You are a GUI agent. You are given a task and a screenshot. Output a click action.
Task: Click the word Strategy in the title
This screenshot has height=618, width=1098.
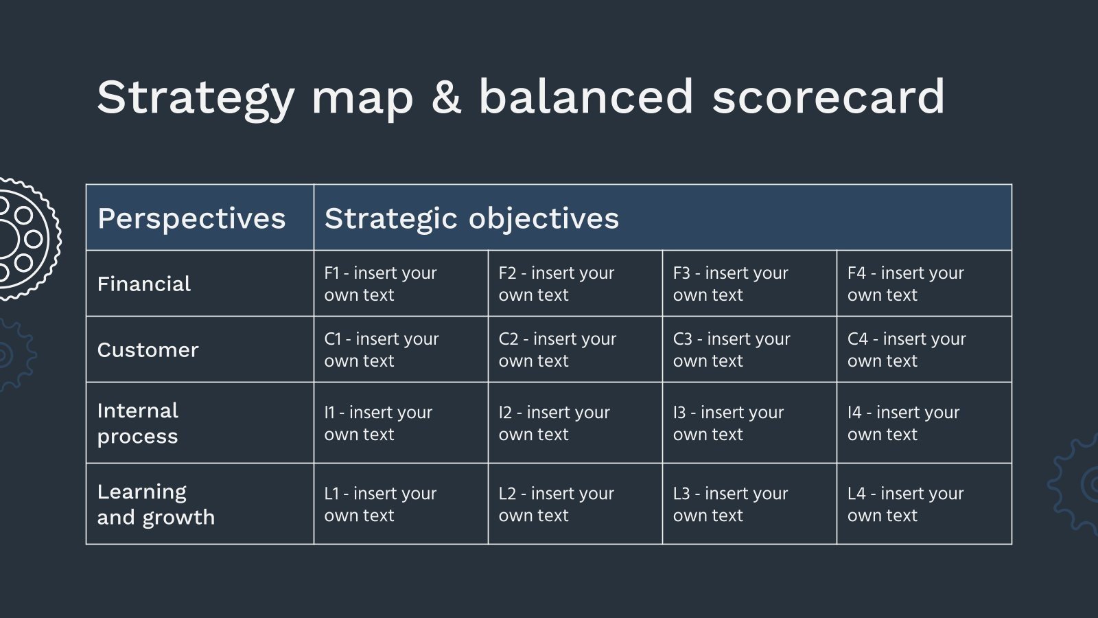pyautogui.click(x=196, y=98)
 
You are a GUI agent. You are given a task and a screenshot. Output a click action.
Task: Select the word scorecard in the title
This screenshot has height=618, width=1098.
pyautogui.click(x=828, y=98)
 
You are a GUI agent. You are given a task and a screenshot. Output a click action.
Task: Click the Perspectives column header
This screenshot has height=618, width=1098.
pyautogui.click(x=191, y=218)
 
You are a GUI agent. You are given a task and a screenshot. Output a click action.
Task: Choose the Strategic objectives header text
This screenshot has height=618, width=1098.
pyautogui.click(x=471, y=218)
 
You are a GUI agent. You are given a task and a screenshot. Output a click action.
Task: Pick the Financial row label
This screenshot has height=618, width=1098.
pyautogui.click(x=144, y=284)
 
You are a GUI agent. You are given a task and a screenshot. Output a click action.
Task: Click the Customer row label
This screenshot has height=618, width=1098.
pyautogui.click(x=148, y=350)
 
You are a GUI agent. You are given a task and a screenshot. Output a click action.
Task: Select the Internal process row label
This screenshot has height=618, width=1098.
pyautogui.click(x=138, y=423)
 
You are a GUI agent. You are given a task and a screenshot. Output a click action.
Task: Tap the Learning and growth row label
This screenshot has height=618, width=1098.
pyautogui.click(x=156, y=504)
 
